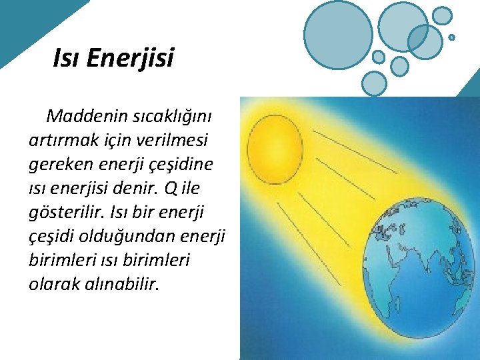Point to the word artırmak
[63, 141]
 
